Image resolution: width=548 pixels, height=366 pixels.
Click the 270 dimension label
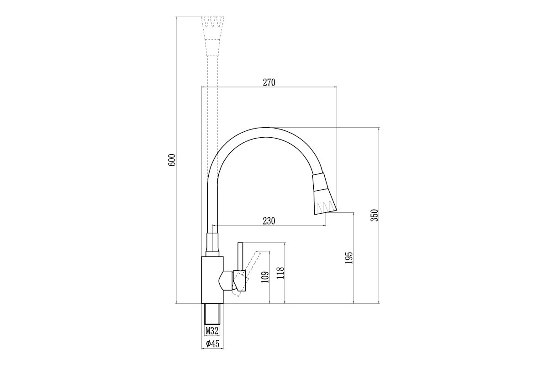[269, 83]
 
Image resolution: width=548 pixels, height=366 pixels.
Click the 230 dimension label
[269, 221]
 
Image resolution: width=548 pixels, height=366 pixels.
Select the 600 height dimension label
[172, 160]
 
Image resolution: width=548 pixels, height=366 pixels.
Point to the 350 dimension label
[374, 215]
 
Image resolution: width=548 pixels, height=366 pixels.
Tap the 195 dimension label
[349, 258]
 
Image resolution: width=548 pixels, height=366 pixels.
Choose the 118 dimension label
[280, 273]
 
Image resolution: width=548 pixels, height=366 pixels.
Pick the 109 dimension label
[265, 277]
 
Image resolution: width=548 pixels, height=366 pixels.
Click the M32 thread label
[212, 331]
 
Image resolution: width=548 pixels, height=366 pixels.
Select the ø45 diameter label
[212, 344]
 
